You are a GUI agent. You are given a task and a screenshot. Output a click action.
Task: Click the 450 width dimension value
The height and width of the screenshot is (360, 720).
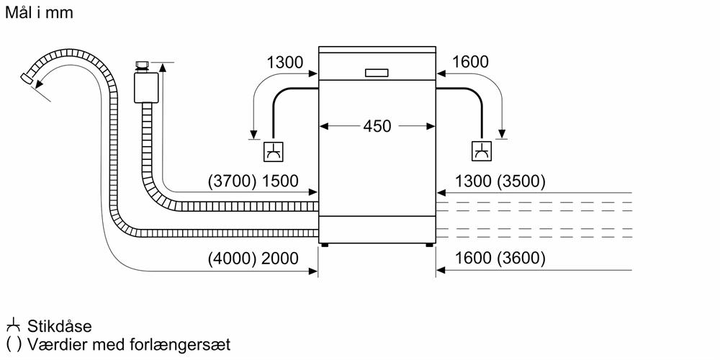pyautogui.click(x=377, y=126)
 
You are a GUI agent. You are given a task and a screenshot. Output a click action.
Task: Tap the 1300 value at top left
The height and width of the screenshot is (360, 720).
pyautogui.click(x=285, y=63)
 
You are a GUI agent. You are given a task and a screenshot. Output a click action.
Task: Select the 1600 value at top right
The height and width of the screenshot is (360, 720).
pyautogui.click(x=471, y=63)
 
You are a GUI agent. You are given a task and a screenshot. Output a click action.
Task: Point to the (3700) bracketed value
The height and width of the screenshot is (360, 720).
pyautogui.click(x=231, y=181)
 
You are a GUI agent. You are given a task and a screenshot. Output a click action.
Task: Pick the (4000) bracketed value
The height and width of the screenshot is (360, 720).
pyautogui.click(x=231, y=258)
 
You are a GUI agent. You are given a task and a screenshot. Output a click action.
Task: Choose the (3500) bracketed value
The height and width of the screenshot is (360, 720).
pyautogui.click(x=521, y=181)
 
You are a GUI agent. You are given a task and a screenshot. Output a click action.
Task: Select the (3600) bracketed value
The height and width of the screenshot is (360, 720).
pyautogui.click(x=521, y=258)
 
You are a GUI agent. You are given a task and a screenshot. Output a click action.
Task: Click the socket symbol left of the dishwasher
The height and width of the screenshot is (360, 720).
pyautogui.click(x=274, y=150)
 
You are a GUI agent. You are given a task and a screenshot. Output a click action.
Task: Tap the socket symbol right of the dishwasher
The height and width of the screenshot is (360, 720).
pyautogui.click(x=480, y=150)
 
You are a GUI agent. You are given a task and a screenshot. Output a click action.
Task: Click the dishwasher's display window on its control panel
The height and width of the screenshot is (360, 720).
pyautogui.click(x=377, y=73)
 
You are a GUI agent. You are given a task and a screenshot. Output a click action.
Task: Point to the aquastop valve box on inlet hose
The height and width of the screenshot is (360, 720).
pyautogui.click(x=147, y=89)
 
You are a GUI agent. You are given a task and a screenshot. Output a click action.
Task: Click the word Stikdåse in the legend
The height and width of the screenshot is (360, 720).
pyautogui.click(x=60, y=327)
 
